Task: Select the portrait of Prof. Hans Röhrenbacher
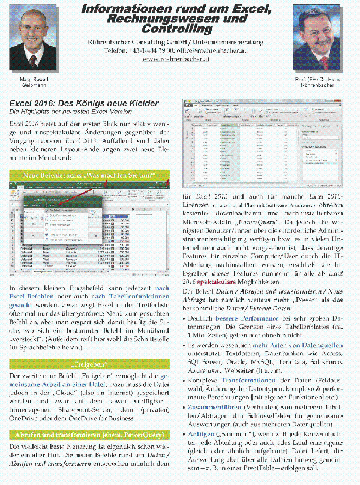tap(319, 38)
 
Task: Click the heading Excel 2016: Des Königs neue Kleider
tap(83, 103)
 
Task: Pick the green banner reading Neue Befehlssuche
tap(89, 175)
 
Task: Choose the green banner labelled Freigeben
tap(89, 364)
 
